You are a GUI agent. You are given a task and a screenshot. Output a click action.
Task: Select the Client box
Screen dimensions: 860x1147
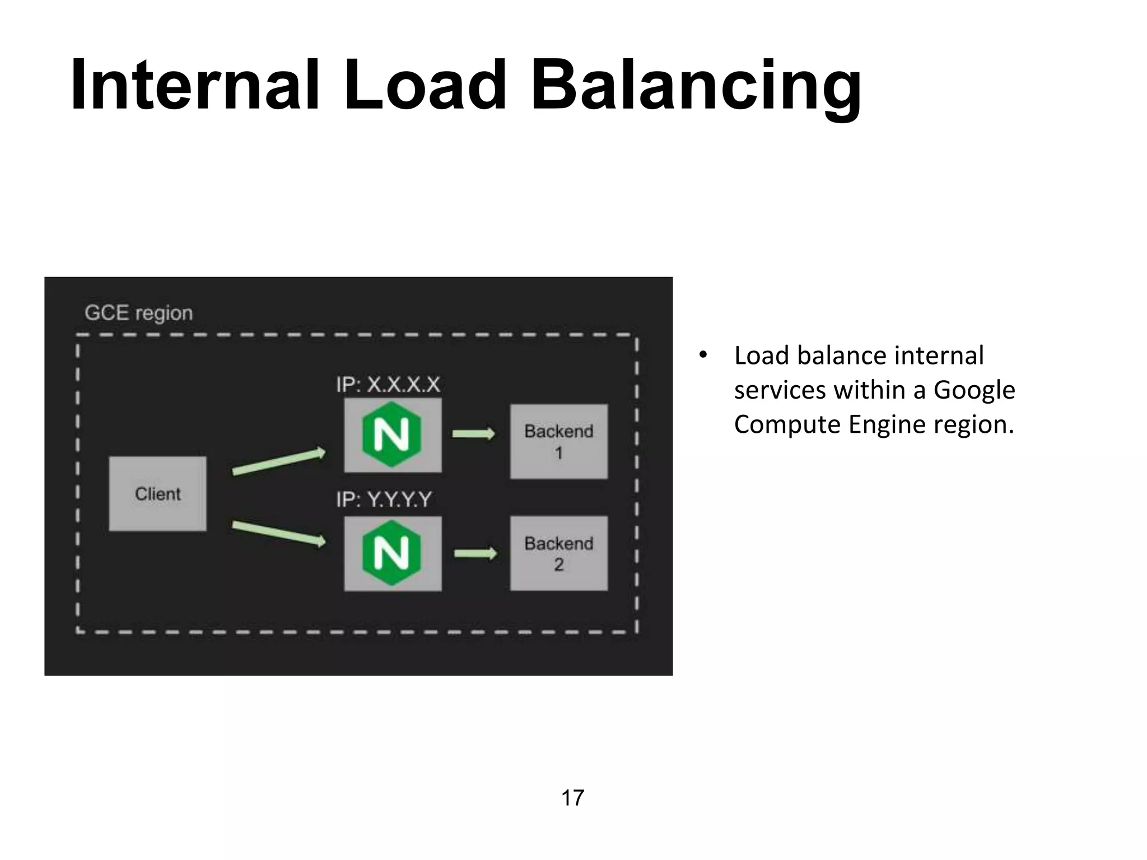coord(158,494)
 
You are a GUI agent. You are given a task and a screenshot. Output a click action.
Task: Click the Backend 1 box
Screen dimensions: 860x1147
coord(558,442)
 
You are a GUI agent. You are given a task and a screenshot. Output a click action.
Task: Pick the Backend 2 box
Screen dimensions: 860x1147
coord(558,554)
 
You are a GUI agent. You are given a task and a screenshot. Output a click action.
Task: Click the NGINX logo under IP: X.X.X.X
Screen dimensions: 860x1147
coord(392,434)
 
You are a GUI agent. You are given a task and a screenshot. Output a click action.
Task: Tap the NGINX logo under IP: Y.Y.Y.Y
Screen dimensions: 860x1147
coord(392,553)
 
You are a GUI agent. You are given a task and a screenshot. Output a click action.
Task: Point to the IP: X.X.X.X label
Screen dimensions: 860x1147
coord(388,385)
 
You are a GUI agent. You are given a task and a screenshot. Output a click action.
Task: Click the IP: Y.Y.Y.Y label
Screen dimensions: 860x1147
coord(384,499)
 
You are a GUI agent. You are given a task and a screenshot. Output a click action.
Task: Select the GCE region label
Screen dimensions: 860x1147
coord(138,313)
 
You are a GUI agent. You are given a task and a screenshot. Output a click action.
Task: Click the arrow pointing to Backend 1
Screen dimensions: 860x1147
coord(474,434)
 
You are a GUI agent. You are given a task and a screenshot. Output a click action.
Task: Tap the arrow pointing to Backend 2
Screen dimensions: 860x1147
coord(475,554)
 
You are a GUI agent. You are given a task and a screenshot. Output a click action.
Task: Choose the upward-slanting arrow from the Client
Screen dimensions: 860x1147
coord(278,462)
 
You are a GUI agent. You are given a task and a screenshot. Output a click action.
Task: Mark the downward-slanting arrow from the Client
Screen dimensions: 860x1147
coord(278,533)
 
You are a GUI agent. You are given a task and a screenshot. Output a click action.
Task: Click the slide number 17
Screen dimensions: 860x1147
coord(572,798)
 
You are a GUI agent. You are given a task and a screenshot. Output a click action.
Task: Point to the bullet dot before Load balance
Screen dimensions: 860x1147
coord(703,355)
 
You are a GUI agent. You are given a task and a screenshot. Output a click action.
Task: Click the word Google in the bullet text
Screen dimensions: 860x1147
coord(974,390)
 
